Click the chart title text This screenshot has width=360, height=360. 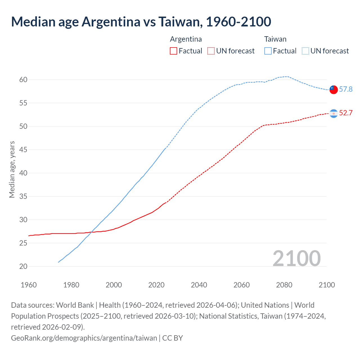(141, 22)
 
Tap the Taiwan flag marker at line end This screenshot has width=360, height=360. (333, 89)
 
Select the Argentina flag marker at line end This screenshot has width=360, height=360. (333, 113)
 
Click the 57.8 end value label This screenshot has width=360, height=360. (346, 89)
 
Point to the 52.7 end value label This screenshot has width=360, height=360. (346, 113)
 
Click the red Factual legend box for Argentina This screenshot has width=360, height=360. (174, 51)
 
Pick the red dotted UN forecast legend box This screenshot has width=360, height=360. (211, 51)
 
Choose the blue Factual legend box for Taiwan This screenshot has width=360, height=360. (268, 51)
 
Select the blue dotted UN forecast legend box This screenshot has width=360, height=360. (305, 51)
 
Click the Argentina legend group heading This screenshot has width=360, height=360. (186, 39)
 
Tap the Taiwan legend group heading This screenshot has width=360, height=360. (275, 39)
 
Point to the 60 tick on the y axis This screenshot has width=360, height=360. (23, 80)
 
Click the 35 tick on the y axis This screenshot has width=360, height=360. (23, 196)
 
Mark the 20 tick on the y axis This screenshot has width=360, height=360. (23, 266)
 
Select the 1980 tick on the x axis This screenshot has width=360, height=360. (71, 285)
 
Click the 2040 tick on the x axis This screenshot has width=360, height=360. (199, 285)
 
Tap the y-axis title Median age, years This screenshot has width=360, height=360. (12, 170)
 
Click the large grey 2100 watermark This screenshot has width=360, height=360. (296, 258)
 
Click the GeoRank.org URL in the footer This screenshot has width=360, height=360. (84, 338)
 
